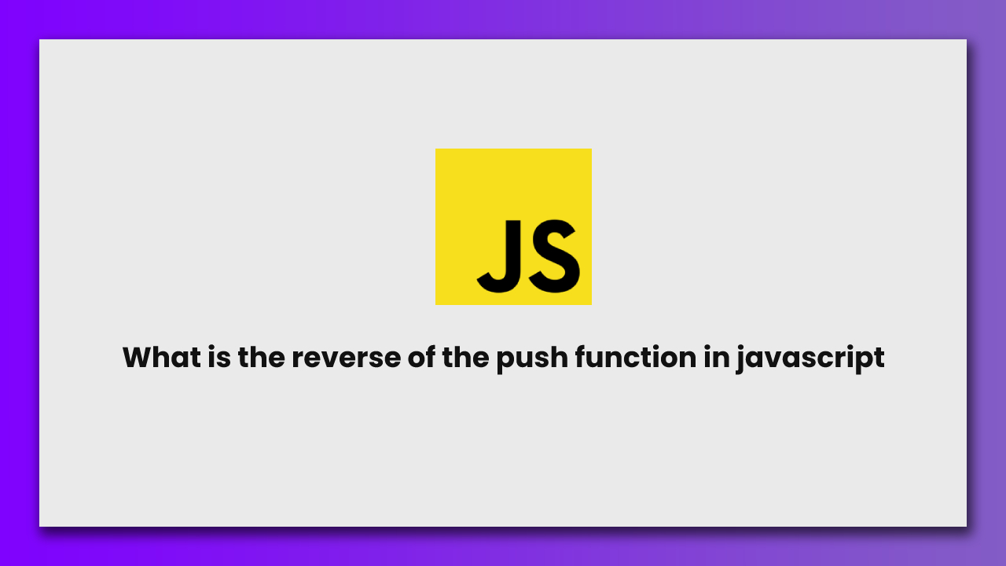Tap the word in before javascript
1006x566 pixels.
718,358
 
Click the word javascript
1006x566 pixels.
811,358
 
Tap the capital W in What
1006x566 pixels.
140,358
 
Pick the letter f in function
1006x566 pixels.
580,358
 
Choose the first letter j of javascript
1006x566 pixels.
741,359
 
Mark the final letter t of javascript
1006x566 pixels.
879,358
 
